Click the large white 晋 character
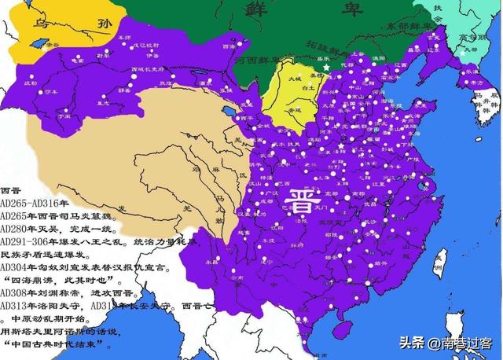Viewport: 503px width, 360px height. point(300,199)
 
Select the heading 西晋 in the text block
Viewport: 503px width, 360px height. point(11,191)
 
